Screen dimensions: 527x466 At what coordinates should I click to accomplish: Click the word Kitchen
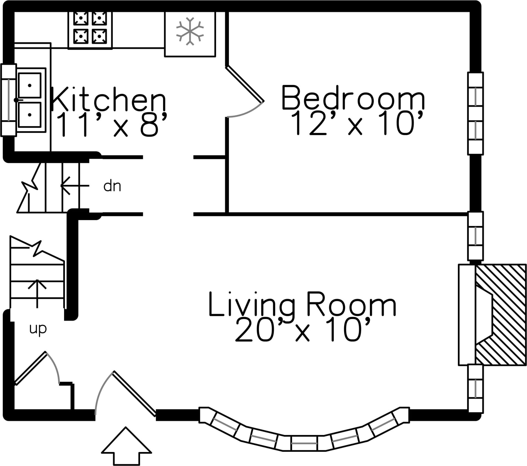(x=108, y=99)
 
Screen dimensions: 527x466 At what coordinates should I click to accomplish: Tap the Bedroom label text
(x=353, y=98)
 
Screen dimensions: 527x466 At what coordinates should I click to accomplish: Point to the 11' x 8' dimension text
(x=112, y=124)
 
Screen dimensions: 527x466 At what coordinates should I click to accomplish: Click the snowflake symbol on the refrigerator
(x=190, y=31)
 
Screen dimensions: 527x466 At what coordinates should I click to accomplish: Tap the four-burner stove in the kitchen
(x=90, y=30)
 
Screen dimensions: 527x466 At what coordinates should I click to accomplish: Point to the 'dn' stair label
(x=112, y=186)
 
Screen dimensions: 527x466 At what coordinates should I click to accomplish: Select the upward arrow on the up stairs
(x=37, y=293)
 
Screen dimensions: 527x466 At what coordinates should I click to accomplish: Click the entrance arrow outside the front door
(x=126, y=446)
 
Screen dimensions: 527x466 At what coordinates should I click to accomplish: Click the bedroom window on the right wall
(x=475, y=113)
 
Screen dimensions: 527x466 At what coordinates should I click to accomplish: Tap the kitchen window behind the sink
(x=9, y=100)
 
